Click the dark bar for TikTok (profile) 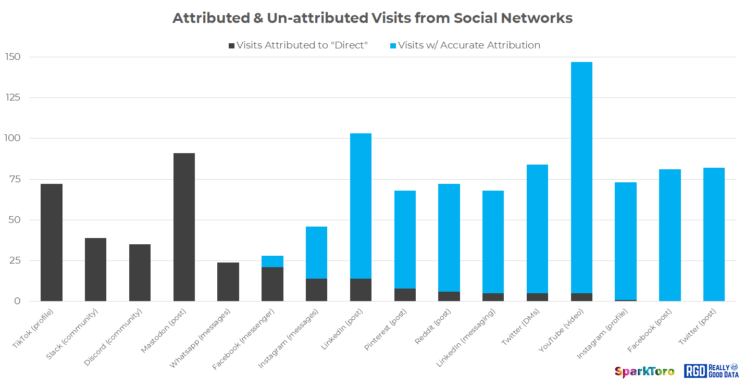51,242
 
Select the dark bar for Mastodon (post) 184,227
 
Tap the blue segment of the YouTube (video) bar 581,177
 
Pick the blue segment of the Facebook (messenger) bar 272,261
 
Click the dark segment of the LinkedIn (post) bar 361,290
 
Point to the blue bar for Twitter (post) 714,234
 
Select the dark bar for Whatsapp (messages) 228,282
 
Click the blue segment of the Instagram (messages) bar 316,253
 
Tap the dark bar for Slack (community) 95,269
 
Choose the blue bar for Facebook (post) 669,235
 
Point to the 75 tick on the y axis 15,179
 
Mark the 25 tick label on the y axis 15,260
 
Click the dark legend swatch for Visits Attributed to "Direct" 232,46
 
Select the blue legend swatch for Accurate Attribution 393,46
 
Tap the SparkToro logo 644,371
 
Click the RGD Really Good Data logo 711,370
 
